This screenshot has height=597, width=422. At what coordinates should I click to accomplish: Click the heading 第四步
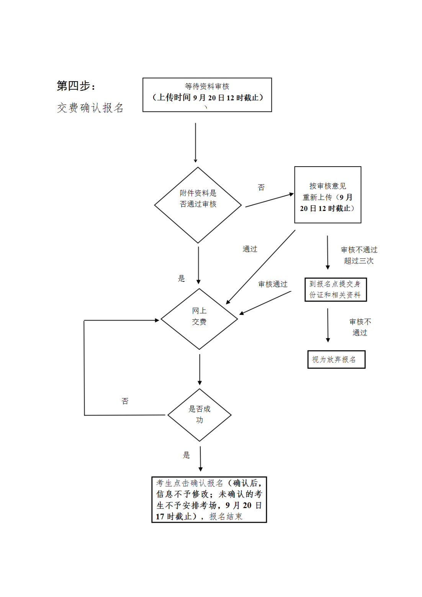[76, 86]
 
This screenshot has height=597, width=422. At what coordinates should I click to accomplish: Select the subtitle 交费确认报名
[90, 108]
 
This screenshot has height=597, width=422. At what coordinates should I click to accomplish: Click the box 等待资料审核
[207, 95]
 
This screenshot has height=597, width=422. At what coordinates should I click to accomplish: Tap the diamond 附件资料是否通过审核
[198, 204]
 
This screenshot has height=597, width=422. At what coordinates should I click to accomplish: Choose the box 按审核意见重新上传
[327, 195]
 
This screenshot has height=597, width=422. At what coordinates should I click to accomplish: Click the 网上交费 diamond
[199, 319]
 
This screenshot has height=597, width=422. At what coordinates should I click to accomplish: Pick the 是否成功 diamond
[200, 415]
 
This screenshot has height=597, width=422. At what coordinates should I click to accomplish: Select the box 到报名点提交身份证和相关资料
[335, 290]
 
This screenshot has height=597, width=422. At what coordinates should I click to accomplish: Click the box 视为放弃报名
[336, 360]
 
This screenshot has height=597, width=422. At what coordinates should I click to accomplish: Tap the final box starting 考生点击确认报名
[209, 499]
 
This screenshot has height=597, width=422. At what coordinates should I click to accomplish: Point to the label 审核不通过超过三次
[359, 255]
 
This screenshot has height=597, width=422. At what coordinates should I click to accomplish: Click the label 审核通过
[273, 284]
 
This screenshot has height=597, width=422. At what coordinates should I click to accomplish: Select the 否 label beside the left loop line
[125, 401]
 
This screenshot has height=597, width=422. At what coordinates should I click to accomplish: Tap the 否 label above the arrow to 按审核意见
[261, 187]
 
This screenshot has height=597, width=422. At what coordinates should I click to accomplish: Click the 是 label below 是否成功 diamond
[186, 455]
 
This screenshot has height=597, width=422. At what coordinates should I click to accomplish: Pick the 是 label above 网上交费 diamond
[182, 278]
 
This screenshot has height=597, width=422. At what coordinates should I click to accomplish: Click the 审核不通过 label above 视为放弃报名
[360, 327]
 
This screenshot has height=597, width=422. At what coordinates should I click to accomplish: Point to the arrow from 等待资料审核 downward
[195, 142]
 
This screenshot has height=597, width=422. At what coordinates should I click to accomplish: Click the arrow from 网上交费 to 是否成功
[200, 369]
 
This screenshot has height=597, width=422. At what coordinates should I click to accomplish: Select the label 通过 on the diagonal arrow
[250, 249]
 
